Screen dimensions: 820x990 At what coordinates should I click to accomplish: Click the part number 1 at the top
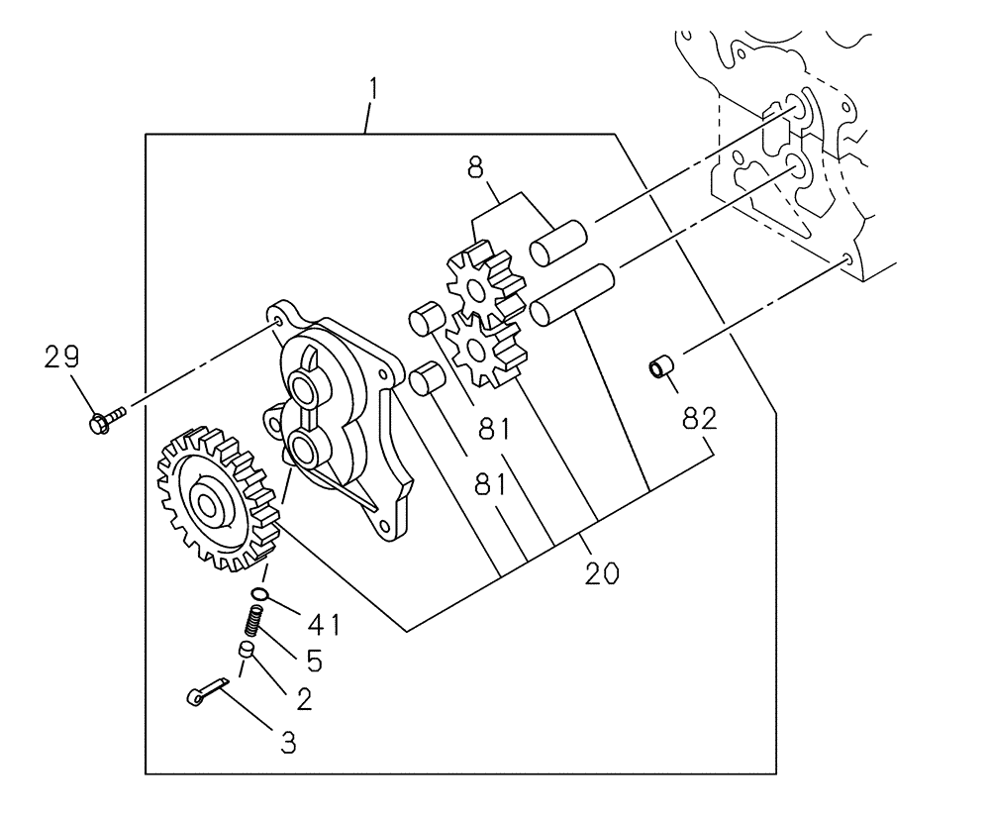point(373,90)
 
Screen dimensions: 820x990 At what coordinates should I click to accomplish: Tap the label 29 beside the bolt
point(61,358)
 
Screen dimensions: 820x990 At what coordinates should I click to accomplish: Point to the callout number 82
point(698,419)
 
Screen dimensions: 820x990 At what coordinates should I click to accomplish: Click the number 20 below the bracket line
point(601,572)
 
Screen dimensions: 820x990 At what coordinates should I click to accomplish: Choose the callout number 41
point(324,625)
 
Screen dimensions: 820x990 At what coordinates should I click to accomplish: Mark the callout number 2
point(305,698)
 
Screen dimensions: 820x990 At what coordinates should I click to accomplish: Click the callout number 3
point(288,743)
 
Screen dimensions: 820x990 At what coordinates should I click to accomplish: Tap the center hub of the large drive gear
point(208,506)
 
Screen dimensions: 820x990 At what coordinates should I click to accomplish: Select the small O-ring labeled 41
point(260,594)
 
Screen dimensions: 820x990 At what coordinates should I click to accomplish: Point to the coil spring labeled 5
point(253,623)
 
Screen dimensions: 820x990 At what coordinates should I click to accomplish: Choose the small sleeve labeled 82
point(659,368)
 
